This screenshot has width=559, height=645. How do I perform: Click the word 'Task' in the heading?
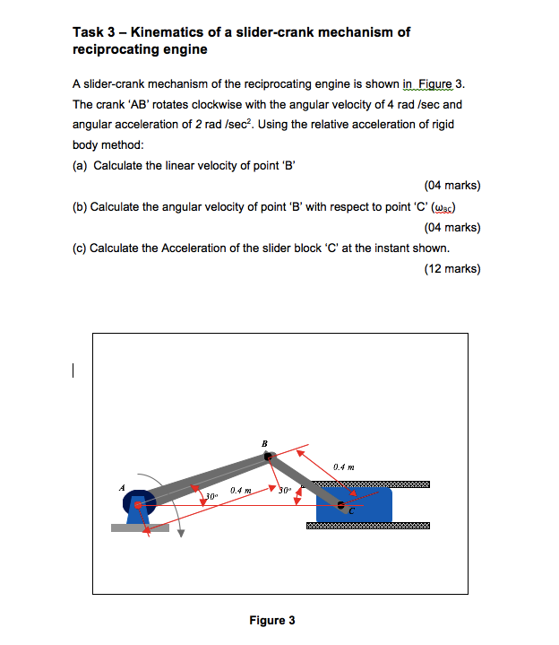coord(89,32)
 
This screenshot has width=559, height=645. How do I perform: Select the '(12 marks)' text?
coord(451,268)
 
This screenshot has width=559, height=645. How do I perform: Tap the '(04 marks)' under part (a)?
coord(451,186)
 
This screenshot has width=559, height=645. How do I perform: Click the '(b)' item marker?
coord(80,206)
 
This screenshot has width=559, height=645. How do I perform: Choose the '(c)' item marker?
coord(80,248)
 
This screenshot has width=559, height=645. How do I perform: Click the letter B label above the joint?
coord(264,443)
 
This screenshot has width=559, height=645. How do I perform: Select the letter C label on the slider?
coord(352,513)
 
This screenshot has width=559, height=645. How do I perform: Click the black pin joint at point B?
coord(267,458)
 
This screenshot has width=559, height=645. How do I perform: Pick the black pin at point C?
coord(340,507)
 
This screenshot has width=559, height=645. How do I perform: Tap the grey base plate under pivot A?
coord(139,527)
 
